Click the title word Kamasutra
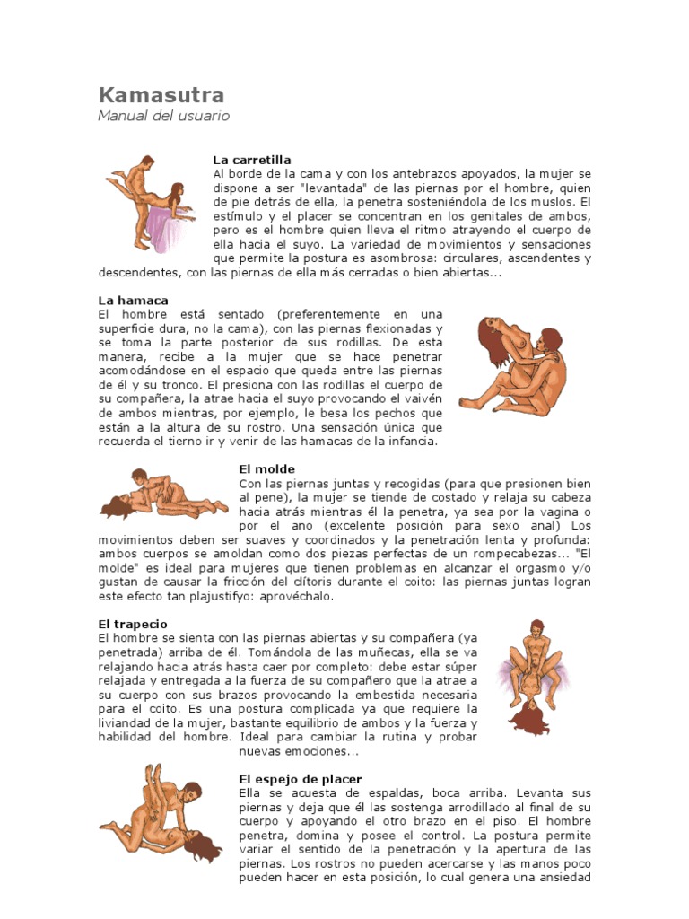[x=161, y=95]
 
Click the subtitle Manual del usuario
[x=163, y=116]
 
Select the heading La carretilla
[x=252, y=160]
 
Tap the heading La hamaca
[x=133, y=300]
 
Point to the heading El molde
[x=266, y=468]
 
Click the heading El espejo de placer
[x=301, y=779]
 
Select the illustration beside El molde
[x=161, y=494]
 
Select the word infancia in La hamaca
[x=410, y=441]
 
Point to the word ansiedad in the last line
[x=563, y=878]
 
